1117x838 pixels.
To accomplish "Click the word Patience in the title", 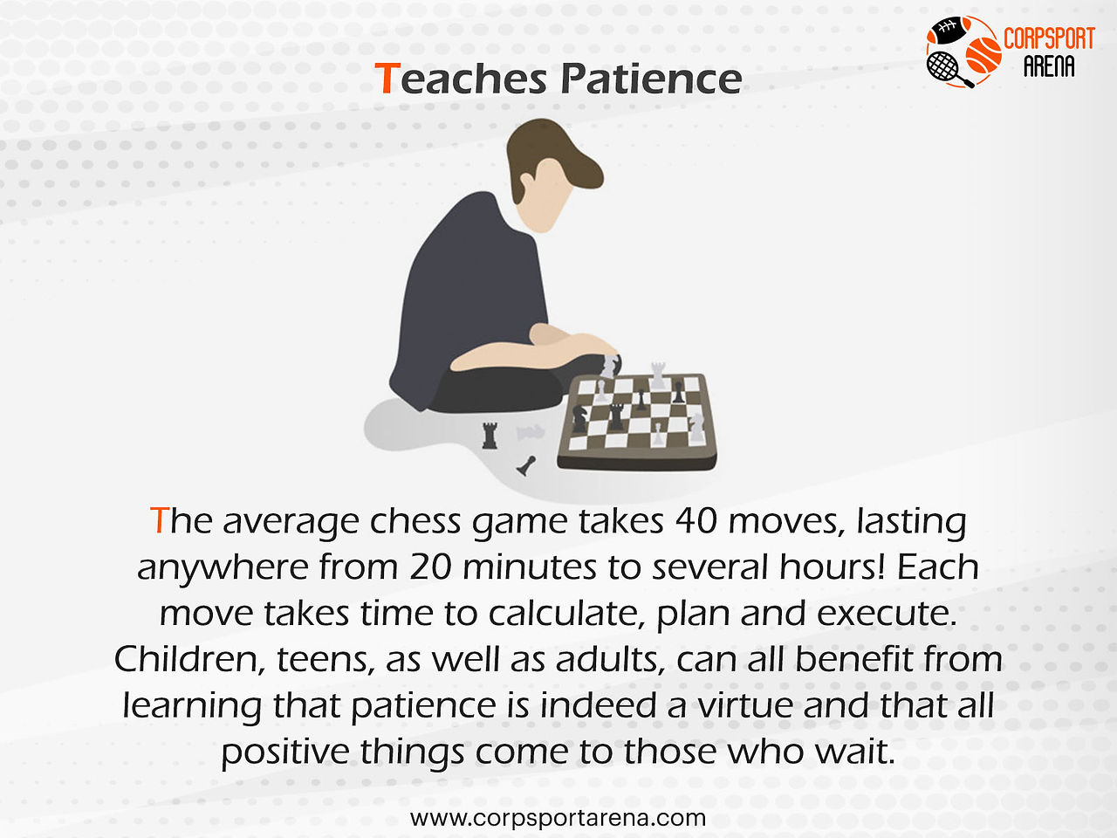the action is pyautogui.click(x=651, y=79).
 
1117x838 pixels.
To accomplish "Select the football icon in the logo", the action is pyautogui.click(x=949, y=31).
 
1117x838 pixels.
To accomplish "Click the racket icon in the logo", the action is pyautogui.click(x=948, y=70).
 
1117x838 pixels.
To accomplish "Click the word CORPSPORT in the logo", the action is pyautogui.click(x=1049, y=38).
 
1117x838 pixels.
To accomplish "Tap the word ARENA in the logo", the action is pyautogui.click(x=1049, y=66).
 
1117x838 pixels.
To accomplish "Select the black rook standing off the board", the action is pyautogui.click(x=490, y=436).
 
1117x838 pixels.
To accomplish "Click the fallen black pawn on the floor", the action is pyautogui.click(x=526, y=465).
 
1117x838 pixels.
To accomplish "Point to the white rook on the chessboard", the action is pyautogui.click(x=658, y=375).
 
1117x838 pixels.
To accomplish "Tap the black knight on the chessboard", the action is pyautogui.click(x=579, y=418).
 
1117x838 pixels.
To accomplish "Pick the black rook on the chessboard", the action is pyautogui.click(x=616, y=416).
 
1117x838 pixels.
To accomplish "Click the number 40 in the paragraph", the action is pyautogui.click(x=696, y=521).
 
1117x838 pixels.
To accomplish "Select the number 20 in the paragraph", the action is pyautogui.click(x=430, y=567).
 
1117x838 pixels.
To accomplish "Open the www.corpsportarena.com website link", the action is pyautogui.click(x=558, y=818).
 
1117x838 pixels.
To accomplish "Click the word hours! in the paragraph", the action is pyautogui.click(x=833, y=567).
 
